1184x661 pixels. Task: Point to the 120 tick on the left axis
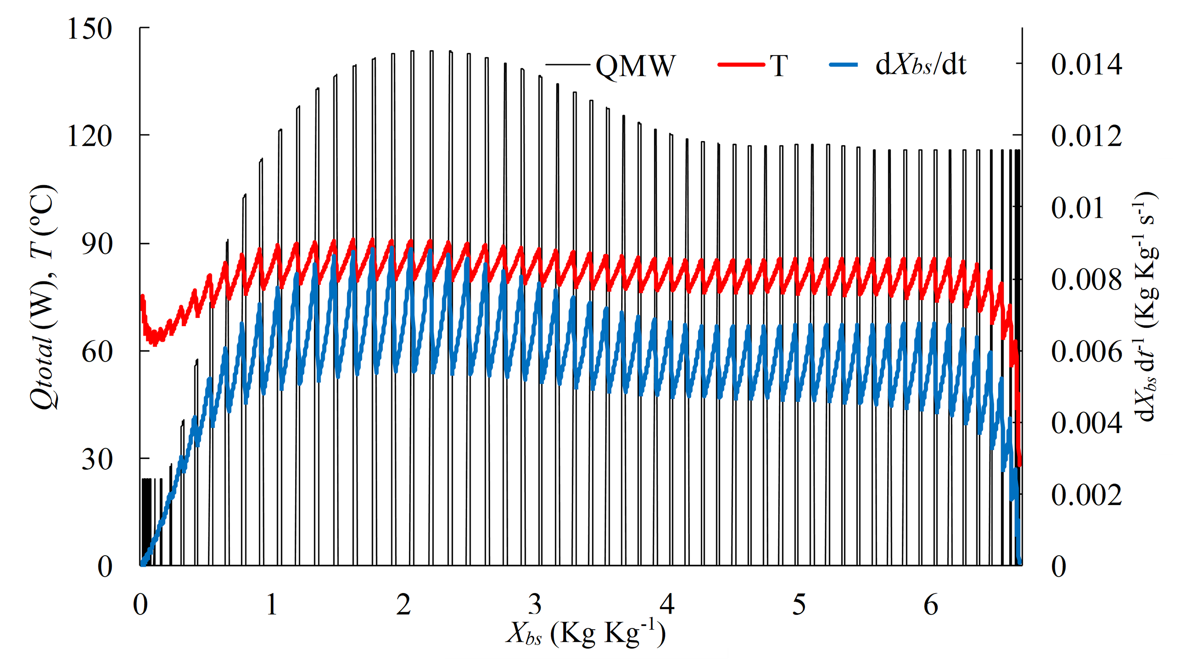point(90,136)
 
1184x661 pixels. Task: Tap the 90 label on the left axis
point(97,244)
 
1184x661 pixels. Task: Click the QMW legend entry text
point(635,66)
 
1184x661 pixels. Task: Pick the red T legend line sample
point(741,65)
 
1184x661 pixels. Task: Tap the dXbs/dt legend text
point(921,65)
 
